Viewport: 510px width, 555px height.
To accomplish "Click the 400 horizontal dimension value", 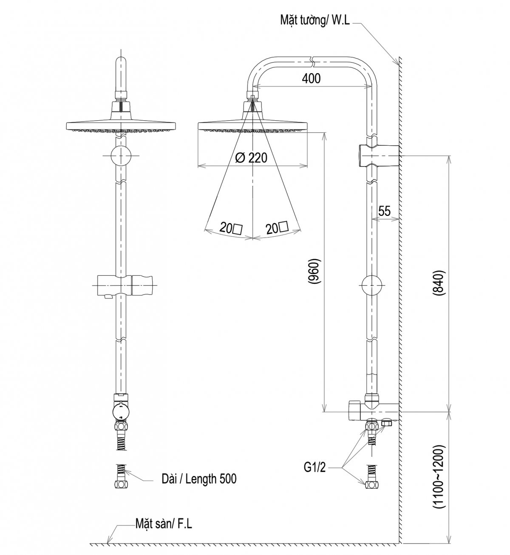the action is click(x=311, y=79).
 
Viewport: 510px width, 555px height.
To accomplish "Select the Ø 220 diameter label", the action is click(x=251, y=158).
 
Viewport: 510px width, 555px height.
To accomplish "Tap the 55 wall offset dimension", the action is click(x=384, y=211).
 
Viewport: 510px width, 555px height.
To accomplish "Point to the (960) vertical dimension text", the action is click(x=315, y=272).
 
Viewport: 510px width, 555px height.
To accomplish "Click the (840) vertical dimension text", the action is click(x=439, y=283).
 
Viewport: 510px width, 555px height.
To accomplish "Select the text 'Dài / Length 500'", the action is click(x=199, y=479).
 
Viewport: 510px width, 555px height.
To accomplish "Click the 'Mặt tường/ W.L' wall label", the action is click(x=315, y=20).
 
